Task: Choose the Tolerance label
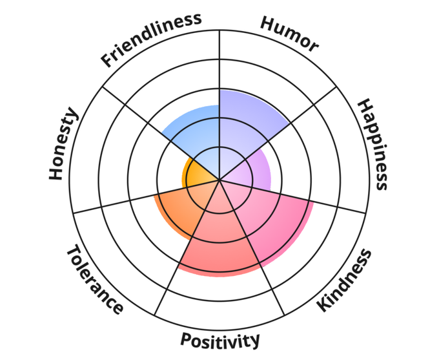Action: [94, 279]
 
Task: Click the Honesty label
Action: [64, 144]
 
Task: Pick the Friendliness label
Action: [151, 39]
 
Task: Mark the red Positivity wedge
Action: [219, 239]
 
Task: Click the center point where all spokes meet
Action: [219, 180]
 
